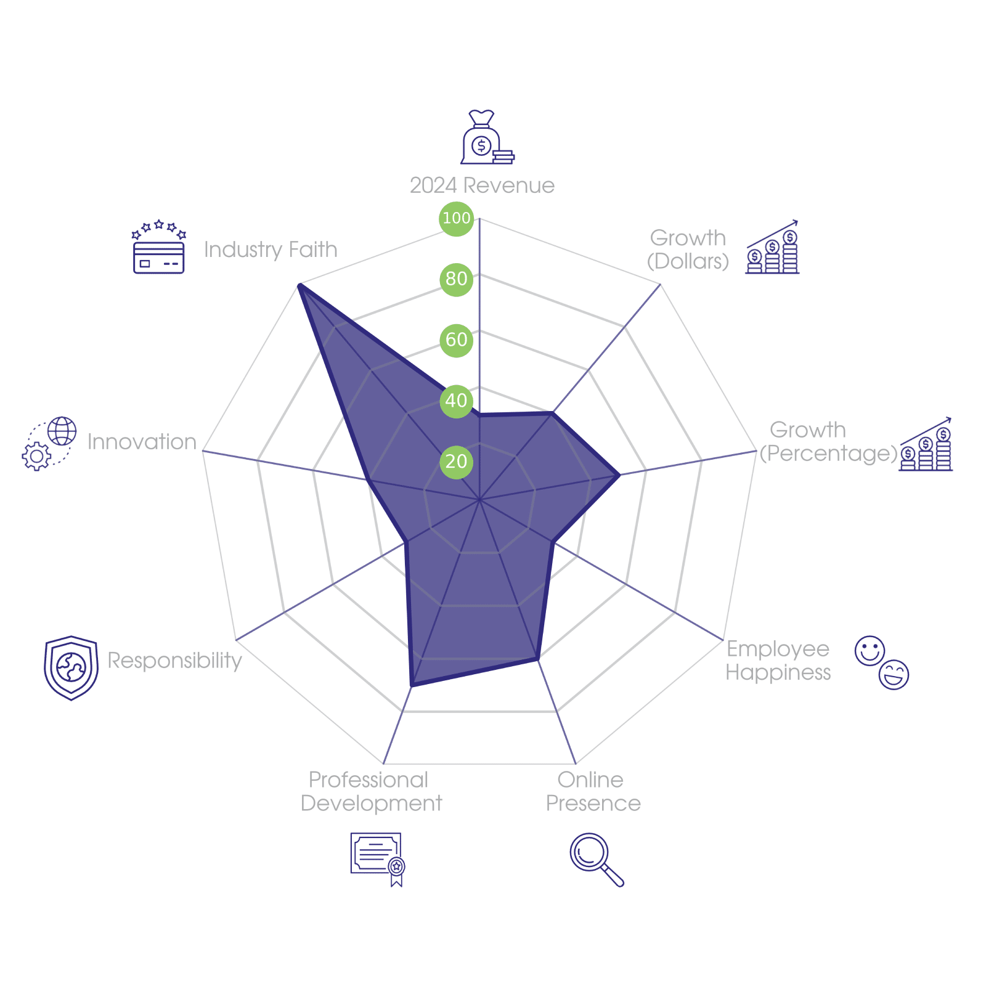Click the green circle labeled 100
click(456, 218)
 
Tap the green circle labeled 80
click(456, 279)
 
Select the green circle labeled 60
click(456, 340)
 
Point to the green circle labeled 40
click(456, 401)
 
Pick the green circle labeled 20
click(456, 461)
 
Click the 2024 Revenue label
click(482, 185)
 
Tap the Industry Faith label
click(271, 250)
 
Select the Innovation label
click(142, 442)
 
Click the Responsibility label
click(175, 661)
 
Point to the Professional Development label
click(371, 792)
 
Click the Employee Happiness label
click(778, 661)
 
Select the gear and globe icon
click(49, 444)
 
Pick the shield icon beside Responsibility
click(71, 668)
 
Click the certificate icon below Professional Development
click(378, 858)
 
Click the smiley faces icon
click(882, 662)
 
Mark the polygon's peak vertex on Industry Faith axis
click(298, 284)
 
